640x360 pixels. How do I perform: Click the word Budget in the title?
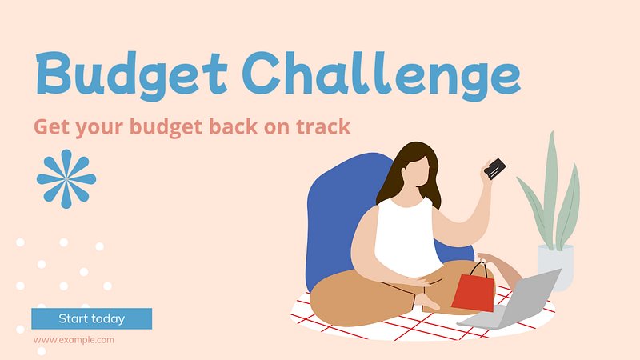click(x=131, y=76)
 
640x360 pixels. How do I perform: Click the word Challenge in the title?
click(x=384, y=76)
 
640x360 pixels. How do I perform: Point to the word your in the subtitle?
click(x=99, y=128)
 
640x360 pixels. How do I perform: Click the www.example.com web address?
click(x=74, y=339)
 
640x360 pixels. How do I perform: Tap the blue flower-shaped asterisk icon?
click(x=66, y=178)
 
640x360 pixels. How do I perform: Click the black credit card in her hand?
click(x=494, y=169)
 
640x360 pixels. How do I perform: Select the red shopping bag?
click(x=473, y=292)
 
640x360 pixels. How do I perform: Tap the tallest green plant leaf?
click(x=551, y=188)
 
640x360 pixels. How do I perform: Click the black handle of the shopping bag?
click(x=478, y=270)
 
